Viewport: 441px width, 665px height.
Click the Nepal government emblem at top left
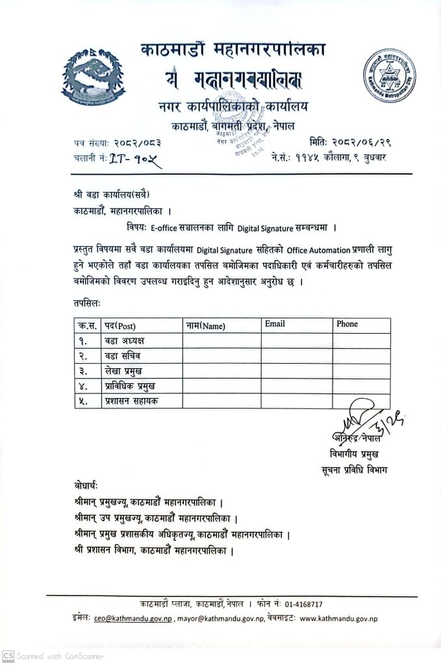click(90, 77)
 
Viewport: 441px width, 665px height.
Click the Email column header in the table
click(274, 324)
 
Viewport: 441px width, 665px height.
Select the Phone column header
click(347, 324)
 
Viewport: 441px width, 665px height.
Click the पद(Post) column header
click(120, 325)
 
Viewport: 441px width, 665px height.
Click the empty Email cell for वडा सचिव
click(297, 356)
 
